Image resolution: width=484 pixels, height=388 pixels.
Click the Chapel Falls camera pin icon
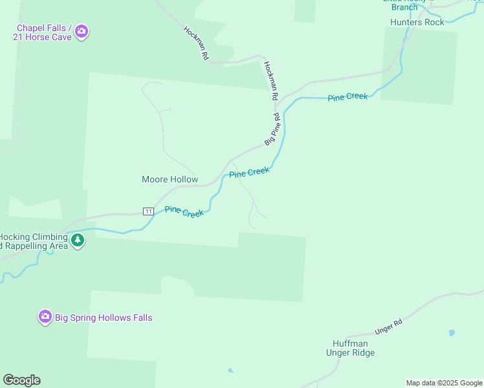(x=82, y=31)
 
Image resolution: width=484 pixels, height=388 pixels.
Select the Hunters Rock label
(x=417, y=22)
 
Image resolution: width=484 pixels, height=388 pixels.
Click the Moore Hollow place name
(x=170, y=179)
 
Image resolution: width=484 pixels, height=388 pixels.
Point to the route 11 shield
(x=148, y=211)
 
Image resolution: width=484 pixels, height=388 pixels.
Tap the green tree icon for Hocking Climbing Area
(x=78, y=241)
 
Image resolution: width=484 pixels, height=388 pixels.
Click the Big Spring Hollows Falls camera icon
(x=45, y=317)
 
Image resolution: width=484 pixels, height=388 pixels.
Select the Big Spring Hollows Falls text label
(x=104, y=318)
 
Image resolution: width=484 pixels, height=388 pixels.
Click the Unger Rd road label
(x=389, y=326)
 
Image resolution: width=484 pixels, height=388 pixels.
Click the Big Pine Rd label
(x=272, y=129)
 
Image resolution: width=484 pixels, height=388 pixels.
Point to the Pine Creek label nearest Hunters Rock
(x=347, y=97)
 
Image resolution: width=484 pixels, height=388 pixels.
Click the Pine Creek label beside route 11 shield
(x=184, y=211)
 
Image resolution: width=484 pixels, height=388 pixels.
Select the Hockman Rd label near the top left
(x=195, y=43)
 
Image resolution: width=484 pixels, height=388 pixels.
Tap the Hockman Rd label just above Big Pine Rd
(x=270, y=80)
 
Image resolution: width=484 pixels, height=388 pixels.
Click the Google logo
(x=21, y=380)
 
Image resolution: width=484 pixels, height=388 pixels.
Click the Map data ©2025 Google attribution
(x=445, y=383)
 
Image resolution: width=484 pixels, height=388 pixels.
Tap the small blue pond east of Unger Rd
(x=452, y=332)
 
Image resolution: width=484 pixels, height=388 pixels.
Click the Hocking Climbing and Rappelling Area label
(x=34, y=241)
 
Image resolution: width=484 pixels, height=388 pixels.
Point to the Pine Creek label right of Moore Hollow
(x=249, y=173)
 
